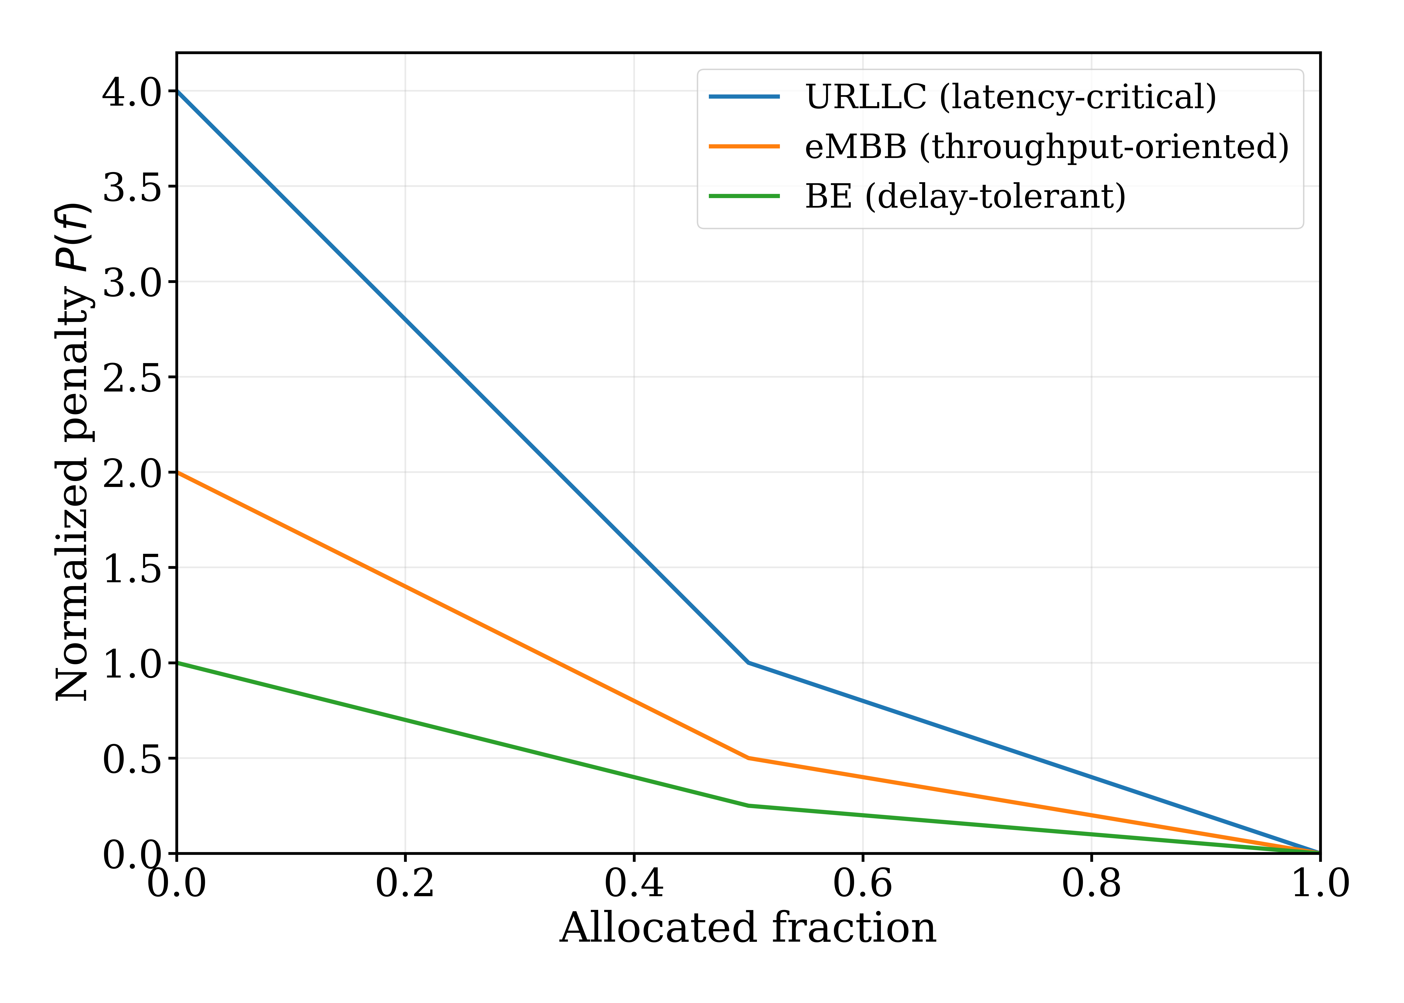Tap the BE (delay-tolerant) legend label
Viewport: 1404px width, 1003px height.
click(x=965, y=196)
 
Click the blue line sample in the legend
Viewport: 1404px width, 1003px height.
click(x=744, y=97)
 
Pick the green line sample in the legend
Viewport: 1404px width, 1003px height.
click(x=744, y=196)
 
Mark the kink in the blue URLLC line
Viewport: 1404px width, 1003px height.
click(x=748, y=663)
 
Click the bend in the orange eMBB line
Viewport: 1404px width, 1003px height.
click(x=748, y=758)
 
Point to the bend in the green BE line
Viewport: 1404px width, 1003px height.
click(x=748, y=805)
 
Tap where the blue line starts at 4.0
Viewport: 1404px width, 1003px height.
click(x=177, y=91)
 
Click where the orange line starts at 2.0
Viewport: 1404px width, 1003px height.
click(x=177, y=472)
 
